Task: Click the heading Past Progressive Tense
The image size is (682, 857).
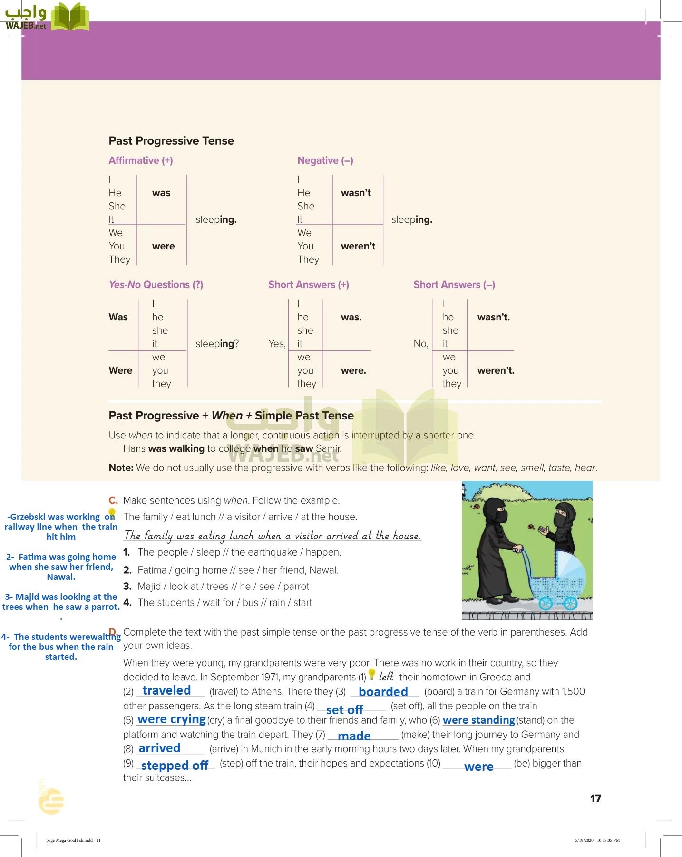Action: click(x=171, y=141)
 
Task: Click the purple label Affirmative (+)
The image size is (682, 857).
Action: click(x=141, y=160)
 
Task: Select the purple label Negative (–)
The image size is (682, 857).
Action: click(x=325, y=160)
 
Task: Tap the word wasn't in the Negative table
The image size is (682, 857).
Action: click(x=356, y=193)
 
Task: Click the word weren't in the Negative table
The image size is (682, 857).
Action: click(x=358, y=246)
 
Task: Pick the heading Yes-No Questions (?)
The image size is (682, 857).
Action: click(x=156, y=285)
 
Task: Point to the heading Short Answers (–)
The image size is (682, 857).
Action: click(x=454, y=285)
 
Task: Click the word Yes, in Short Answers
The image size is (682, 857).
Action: click(x=277, y=344)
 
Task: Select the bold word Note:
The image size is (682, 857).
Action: click(x=121, y=468)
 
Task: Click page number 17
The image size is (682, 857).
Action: click(x=595, y=798)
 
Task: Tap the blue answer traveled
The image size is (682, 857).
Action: click(x=166, y=690)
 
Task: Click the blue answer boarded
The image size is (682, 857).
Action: click(x=383, y=691)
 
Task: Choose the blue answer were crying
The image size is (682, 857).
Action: click(x=172, y=719)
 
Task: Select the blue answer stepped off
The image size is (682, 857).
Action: click(x=175, y=765)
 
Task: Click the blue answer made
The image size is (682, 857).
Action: click(x=354, y=736)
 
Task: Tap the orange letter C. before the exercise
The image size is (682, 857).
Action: click(x=113, y=500)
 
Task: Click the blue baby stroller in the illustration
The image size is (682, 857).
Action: click(x=556, y=578)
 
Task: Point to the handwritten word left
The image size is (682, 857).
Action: click(x=386, y=677)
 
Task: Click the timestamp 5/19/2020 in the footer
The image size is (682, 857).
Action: click(x=584, y=840)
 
